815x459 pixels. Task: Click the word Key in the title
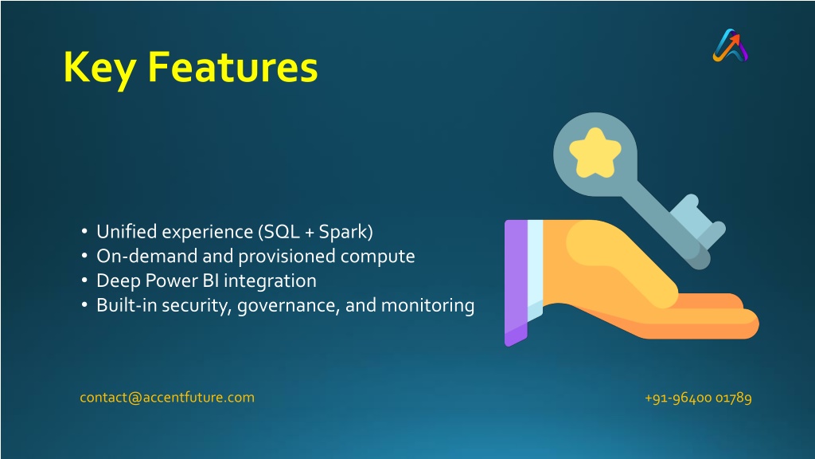pos(100,69)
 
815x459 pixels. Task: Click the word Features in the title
pos(233,67)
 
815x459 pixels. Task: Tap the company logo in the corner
pos(731,45)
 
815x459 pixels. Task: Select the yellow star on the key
pos(595,152)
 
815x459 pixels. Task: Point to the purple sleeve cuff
pos(516,282)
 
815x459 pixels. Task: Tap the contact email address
pos(167,398)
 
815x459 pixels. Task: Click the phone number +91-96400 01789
pos(698,398)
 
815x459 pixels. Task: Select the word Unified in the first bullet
pos(127,232)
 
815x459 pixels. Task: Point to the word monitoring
pos(427,305)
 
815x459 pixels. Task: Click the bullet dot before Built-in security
pos(84,304)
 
